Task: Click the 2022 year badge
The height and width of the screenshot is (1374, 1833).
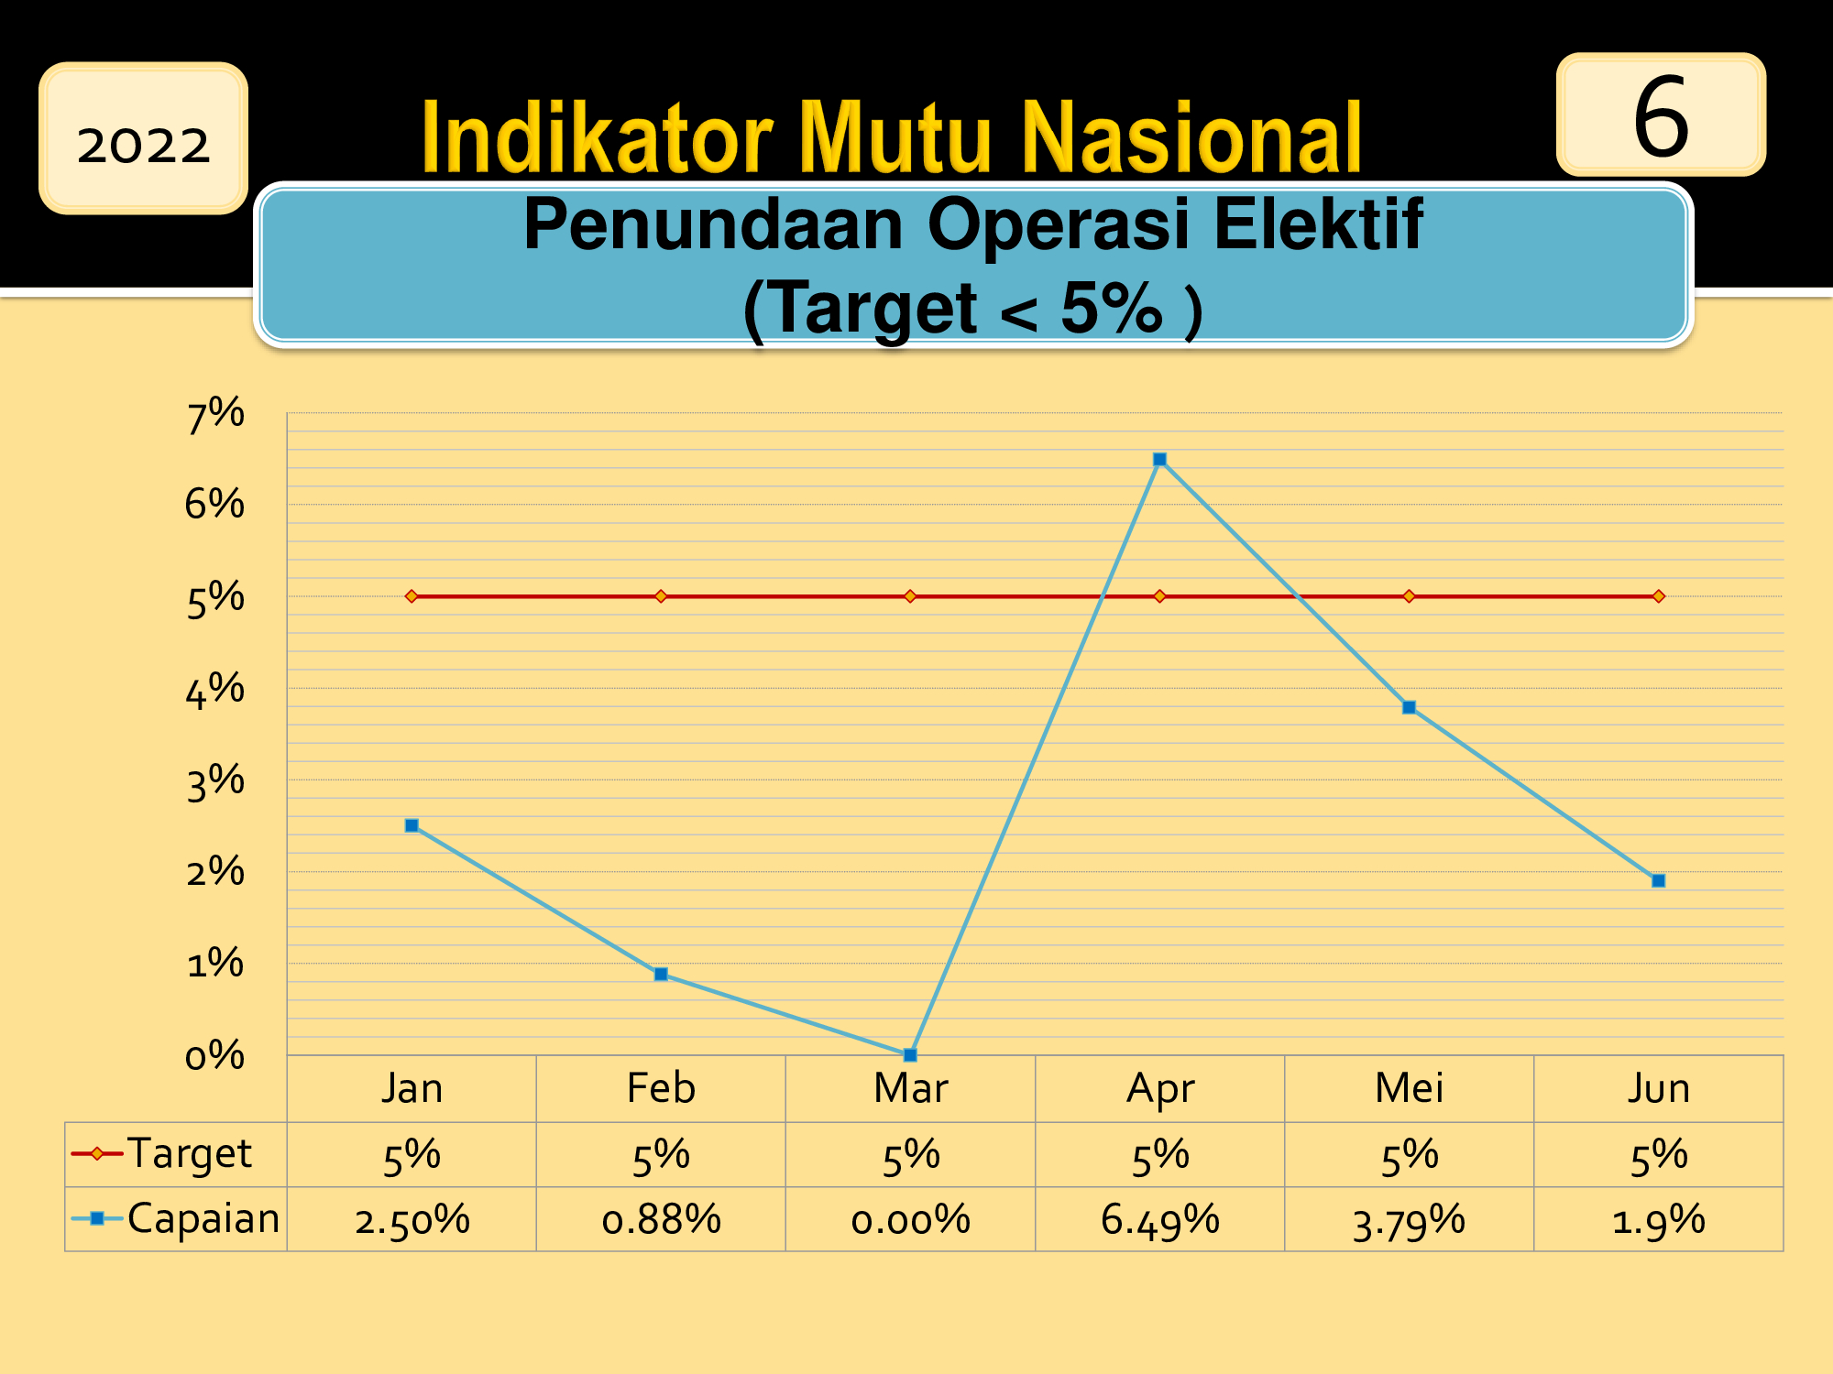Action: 143,138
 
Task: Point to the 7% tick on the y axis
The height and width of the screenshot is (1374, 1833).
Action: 215,414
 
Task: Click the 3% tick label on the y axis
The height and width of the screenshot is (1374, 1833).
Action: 215,782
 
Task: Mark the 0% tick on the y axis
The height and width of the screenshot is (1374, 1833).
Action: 215,1056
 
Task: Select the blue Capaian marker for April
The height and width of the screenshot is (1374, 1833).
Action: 1159,459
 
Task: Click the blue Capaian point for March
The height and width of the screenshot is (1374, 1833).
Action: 910,1054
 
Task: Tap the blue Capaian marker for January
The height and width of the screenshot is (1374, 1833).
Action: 412,825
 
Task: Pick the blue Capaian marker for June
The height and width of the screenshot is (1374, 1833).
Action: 1658,880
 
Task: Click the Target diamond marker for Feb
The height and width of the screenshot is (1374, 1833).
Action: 661,596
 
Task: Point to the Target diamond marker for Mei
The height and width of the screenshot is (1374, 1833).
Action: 1409,596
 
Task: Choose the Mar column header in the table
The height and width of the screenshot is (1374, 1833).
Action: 910,1088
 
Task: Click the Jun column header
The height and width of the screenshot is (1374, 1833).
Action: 1658,1088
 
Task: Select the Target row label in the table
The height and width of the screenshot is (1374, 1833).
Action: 189,1154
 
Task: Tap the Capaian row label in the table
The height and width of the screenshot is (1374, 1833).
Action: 203,1218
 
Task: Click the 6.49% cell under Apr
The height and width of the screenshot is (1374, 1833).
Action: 1159,1220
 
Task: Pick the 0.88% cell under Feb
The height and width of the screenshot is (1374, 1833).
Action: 661,1220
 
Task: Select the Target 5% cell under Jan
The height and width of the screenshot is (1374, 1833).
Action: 412,1156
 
